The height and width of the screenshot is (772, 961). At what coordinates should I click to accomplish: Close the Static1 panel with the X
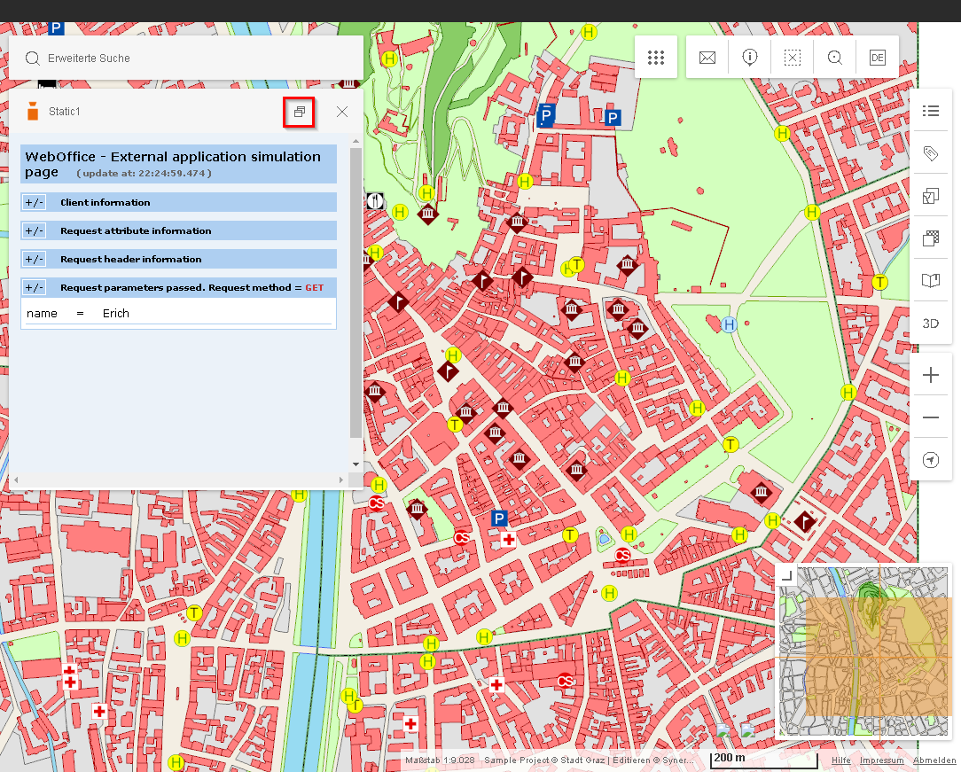pyautogui.click(x=342, y=112)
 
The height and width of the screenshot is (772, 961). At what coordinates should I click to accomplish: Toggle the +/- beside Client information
pyautogui.click(x=35, y=202)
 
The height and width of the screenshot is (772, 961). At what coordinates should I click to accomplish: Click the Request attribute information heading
pyautogui.click(x=136, y=230)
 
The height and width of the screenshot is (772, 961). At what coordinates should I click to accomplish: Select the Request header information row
pyautogui.click(x=130, y=259)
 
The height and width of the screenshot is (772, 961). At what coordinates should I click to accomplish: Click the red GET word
pyautogui.click(x=315, y=287)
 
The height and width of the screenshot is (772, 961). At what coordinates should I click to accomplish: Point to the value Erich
pyautogui.click(x=116, y=313)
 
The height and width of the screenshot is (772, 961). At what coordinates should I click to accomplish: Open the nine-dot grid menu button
pyautogui.click(x=656, y=58)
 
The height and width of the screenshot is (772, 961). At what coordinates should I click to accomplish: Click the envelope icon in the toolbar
pyautogui.click(x=707, y=58)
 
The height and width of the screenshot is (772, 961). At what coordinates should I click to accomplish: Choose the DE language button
pyautogui.click(x=877, y=58)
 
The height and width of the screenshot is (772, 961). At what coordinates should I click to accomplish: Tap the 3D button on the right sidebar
pyautogui.click(x=930, y=323)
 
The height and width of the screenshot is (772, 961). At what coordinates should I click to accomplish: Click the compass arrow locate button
pyautogui.click(x=930, y=460)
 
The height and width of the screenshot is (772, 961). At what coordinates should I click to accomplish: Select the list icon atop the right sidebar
pyautogui.click(x=930, y=111)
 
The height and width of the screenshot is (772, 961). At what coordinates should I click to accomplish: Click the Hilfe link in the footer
pyautogui.click(x=840, y=760)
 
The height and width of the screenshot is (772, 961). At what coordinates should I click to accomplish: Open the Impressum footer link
pyautogui.click(x=881, y=760)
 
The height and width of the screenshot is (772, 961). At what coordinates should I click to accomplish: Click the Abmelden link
pyautogui.click(x=934, y=760)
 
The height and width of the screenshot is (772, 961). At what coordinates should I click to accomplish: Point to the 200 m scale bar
pyautogui.click(x=763, y=760)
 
